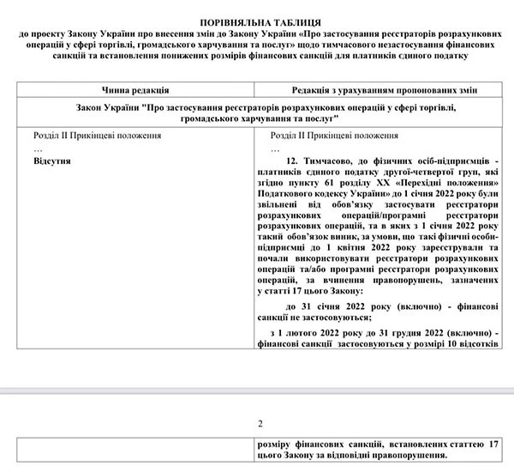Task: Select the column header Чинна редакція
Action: (140, 88)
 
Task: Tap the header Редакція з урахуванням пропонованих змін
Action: (380, 88)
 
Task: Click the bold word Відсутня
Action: (52, 160)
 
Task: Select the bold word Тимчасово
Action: (338, 161)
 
